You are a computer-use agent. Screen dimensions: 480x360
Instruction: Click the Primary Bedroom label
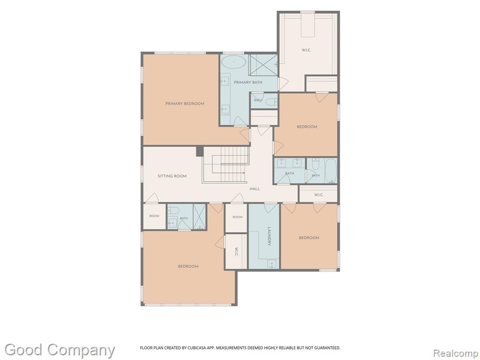click(185, 104)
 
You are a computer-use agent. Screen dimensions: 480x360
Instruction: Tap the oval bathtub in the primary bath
click(233, 62)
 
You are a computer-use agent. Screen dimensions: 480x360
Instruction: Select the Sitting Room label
click(172, 176)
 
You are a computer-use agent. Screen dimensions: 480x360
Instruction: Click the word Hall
click(255, 189)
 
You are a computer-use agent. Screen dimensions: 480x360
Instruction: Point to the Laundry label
click(270, 236)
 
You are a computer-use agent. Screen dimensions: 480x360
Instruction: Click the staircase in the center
click(226, 165)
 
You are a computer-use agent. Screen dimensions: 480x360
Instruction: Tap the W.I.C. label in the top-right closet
click(306, 50)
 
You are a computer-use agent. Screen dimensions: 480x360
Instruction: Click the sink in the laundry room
click(271, 264)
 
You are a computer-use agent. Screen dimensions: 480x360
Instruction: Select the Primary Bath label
click(248, 82)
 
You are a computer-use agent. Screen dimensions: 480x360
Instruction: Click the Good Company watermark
click(60, 350)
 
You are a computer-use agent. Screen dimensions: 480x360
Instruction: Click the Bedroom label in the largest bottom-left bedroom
click(188, 266)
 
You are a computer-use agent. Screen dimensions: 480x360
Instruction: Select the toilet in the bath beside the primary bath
click(271, 101)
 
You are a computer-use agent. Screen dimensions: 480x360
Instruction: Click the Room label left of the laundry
click(237, 217)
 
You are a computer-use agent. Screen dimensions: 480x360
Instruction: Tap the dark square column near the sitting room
click(200, 151)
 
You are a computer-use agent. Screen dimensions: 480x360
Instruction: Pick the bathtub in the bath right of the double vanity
click(330, 171)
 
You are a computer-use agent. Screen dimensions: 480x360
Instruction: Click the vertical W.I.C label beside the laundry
click(237, 252)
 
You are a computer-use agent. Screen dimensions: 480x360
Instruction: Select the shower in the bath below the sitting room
click(199, 217)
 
